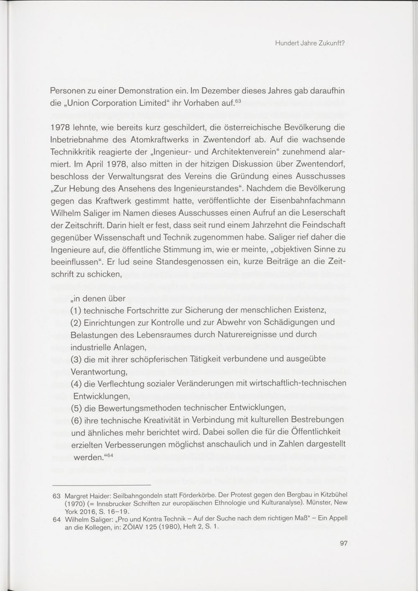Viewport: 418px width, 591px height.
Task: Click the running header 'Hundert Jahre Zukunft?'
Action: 309,43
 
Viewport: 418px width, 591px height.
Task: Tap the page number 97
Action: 344,543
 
